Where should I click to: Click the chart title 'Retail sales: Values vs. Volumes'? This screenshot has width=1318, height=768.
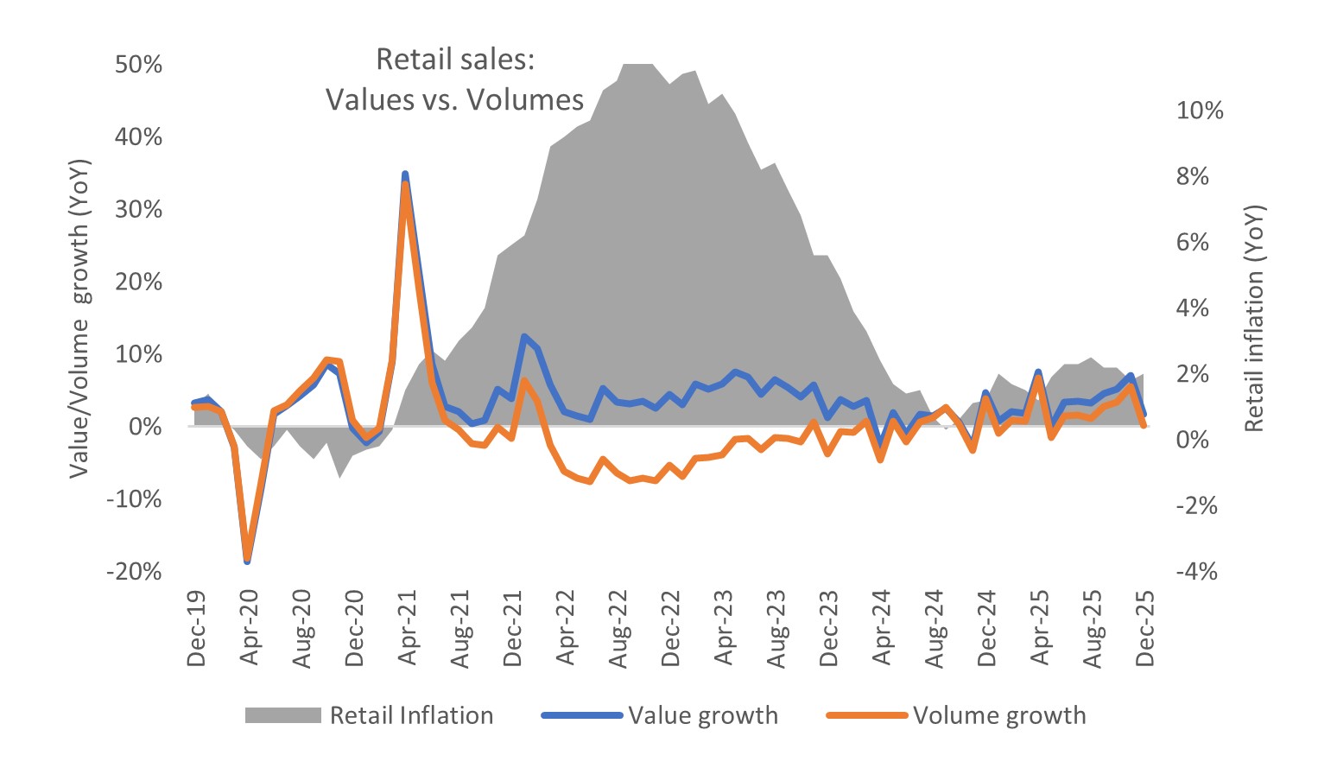455,79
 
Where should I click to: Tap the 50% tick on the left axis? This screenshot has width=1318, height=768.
138,65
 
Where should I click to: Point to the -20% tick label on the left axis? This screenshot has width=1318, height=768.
134,571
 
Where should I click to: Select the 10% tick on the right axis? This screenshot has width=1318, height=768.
1200,111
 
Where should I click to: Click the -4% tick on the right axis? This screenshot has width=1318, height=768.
1196,571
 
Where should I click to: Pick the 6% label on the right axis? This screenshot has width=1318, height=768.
1193,242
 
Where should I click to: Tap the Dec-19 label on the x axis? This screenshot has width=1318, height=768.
197,628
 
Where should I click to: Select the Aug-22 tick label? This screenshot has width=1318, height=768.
618,628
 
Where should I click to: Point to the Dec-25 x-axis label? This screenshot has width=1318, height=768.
1145,628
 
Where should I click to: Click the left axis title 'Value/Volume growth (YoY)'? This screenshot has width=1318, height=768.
79,318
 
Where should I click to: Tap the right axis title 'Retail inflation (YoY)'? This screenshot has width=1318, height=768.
1254,318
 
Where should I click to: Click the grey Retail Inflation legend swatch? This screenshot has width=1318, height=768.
282,715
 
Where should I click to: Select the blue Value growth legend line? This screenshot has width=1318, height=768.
581,715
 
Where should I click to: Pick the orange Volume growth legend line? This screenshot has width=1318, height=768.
866,715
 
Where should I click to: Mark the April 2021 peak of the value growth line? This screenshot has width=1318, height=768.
405,175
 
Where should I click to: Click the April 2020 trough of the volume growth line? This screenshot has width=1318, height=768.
248,559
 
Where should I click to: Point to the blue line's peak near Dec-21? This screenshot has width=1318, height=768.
524,336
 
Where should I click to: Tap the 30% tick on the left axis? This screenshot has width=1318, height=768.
138,210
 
